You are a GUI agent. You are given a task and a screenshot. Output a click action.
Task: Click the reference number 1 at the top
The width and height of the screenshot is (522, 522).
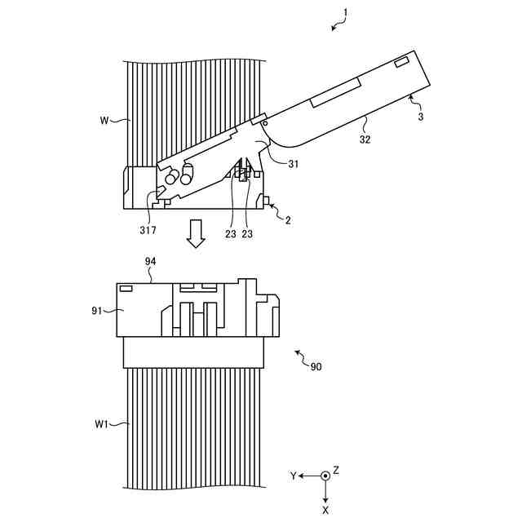pyautogui.click(x=346, y=12)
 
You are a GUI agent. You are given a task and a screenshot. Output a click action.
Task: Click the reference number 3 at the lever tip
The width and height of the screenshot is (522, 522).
pyautogui.click(x=419, y=117)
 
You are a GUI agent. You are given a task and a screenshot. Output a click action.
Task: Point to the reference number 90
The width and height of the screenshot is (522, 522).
pyautogui.click(x=316, y=367)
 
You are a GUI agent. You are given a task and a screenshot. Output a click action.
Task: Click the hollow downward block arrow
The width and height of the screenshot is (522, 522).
pyautogui.click(x=195, y=233)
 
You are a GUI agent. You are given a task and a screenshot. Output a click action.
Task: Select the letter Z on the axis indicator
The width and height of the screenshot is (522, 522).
pyautogui.click(x=335, y=471)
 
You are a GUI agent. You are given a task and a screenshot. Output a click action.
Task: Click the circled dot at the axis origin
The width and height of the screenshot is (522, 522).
pyautogui.click(x=325, y=476)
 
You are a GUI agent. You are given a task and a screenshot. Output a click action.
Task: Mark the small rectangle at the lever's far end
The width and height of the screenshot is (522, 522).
pyautogui.click(x=402, y=63)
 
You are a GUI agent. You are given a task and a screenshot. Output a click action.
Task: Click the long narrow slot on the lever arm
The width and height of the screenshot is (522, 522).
pyautogui.click(x=336, y=92)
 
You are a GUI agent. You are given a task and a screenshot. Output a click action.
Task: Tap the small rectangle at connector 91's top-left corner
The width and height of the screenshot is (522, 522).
pyautogui.click(x=126, y=288)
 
